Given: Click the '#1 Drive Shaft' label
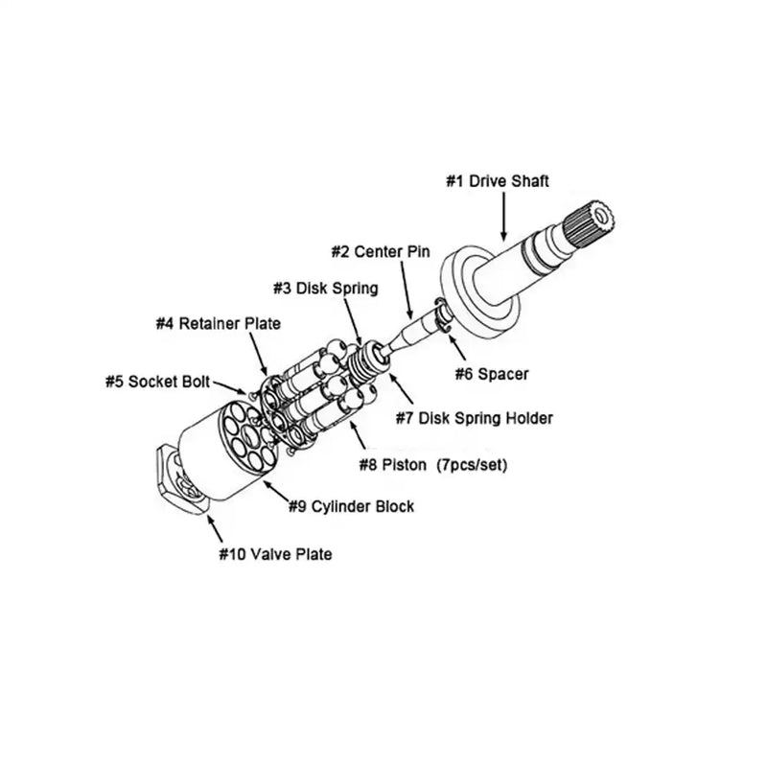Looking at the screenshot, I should click(x=497, y=181).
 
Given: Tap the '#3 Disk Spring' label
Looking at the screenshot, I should click(x=323, y=288).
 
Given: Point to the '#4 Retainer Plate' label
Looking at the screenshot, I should click(x=218, y=324).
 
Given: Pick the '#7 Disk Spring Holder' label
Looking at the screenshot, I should click(x=475, y=418).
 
